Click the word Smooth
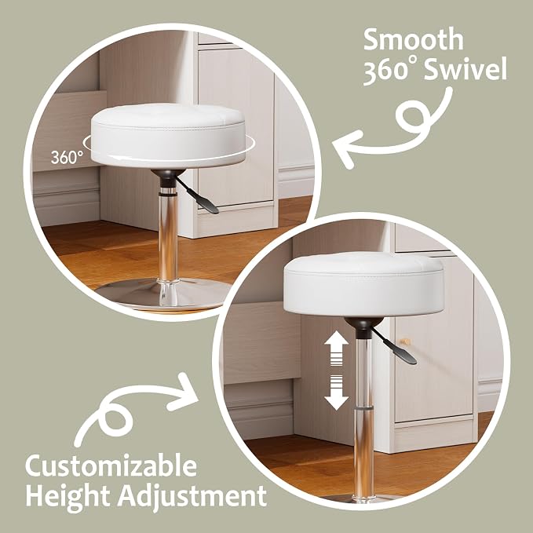[414, 39]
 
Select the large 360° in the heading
[391, 70]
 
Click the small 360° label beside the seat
[67, 157]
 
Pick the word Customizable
[111, 466]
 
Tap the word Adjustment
[192, 495]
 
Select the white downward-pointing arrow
[336, 392]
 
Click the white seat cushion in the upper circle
[168, 135]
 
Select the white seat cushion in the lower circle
[364, 286]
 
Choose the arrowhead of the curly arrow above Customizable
[184, 392]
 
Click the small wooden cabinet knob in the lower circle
[407, 341]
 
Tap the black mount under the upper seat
[168, 177]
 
